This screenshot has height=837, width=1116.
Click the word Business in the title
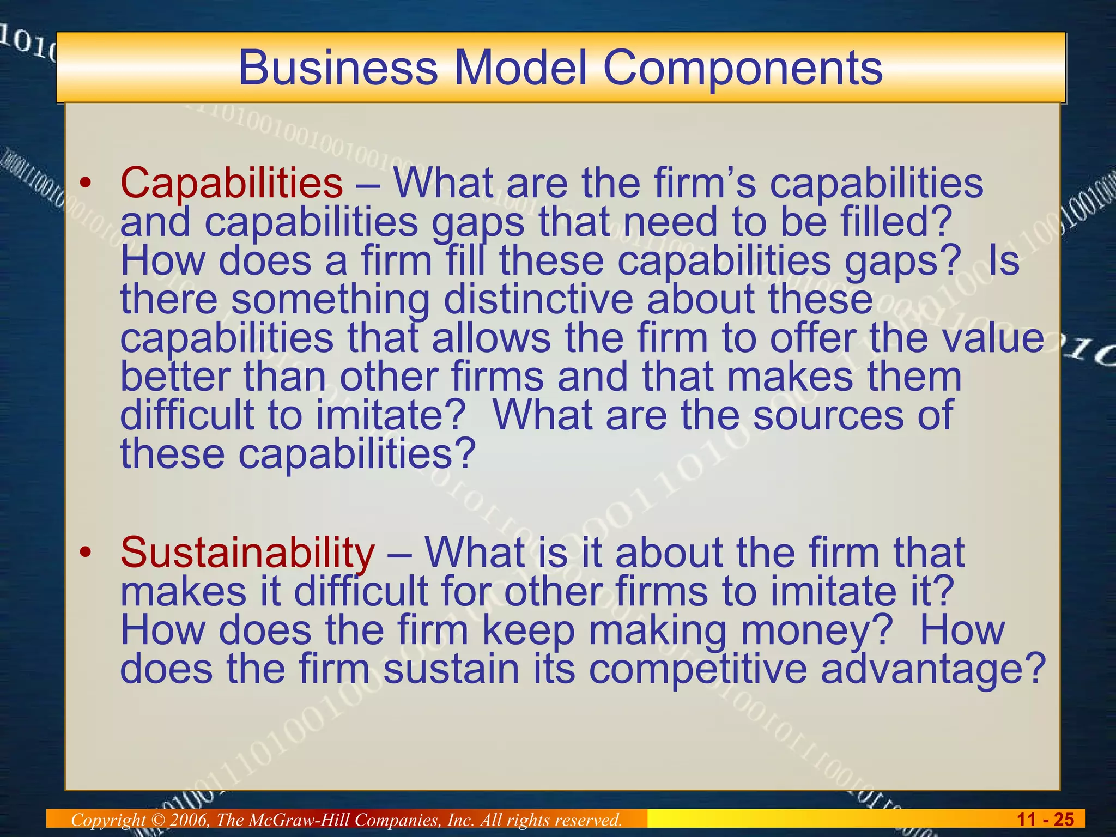pos(338,68)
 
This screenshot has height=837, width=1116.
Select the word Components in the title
pos(742,68)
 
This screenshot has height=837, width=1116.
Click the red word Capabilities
pos(232,183)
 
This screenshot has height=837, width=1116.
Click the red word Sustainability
pos(247,553)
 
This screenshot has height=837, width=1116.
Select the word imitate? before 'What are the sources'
pos(391,415)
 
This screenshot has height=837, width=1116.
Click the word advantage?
pos(933,669)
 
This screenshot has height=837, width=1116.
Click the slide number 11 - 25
pos(1045,820)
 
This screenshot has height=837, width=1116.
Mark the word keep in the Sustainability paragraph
pos(528,630)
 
